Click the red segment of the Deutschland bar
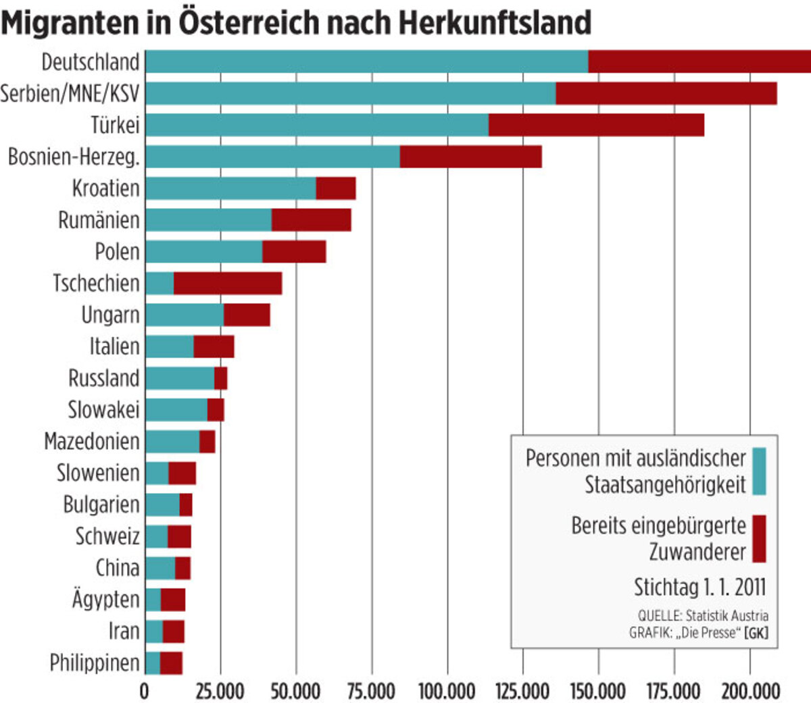[699, 61]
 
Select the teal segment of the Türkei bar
[316, 125]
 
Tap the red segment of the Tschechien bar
[228, 284]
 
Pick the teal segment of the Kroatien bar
[230, 188]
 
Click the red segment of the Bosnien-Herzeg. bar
[470, 157]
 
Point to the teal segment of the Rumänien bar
[208, 220]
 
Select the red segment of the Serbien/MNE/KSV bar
[666, 93]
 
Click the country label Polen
[117, 252]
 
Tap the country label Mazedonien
[92, 442]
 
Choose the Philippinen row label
[95, 663]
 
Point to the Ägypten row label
[105, 599]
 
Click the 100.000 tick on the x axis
[447, 692]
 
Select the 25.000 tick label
[220, 692]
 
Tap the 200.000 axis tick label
[749, 692]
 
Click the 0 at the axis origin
[144, 692]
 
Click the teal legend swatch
[759, 471]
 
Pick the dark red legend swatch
[759, 538]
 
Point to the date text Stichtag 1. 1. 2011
[699, 587]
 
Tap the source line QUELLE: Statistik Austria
[703, 616]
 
